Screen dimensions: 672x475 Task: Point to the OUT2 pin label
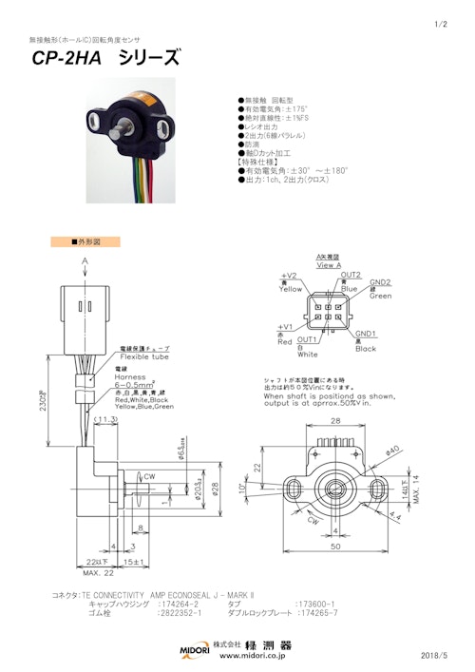[351, 275]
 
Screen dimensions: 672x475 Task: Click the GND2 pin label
[380, 282]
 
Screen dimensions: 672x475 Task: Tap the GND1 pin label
[366, 335]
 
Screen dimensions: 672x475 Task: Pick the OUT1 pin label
[307, 339]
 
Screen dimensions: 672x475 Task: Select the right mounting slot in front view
[378, 489]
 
